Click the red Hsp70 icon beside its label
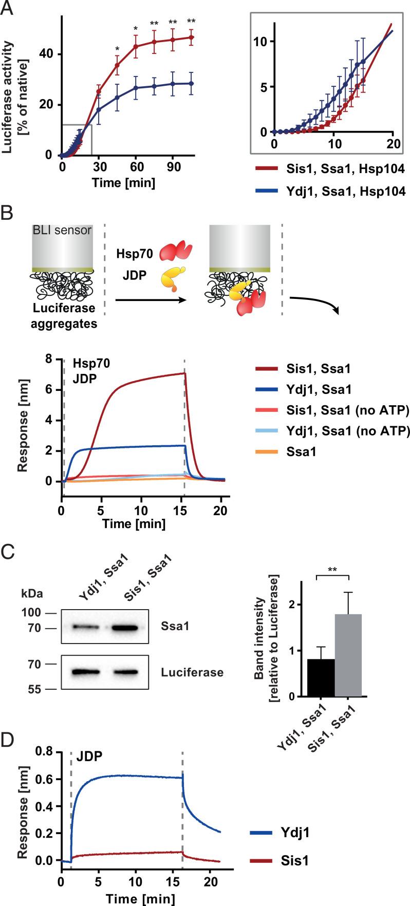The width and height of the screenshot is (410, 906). [176, 252]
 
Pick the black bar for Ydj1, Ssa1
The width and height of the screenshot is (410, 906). [321, 677]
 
